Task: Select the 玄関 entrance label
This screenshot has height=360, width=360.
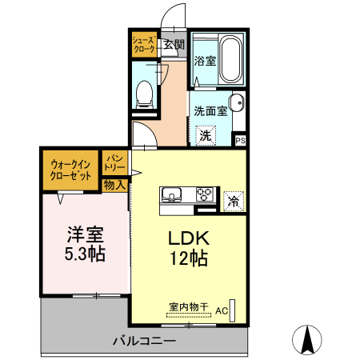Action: [x=174, y=45]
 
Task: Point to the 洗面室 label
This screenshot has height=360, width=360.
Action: [x=212, y=111]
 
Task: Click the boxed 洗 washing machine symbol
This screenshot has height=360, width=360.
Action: [x=206, y=135]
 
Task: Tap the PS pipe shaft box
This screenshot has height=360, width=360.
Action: [x=240, y=139]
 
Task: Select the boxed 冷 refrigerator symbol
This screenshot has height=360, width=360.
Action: [x=234, y=202]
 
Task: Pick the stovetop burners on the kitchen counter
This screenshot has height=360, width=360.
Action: [x=204, y=194]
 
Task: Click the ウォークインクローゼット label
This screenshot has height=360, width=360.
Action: [x=71, y=170]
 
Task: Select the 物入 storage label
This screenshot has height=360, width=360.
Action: [x=114, y=185]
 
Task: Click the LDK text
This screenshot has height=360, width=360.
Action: [x=189, y=239]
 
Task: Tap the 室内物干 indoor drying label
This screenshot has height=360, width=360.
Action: [x=188, y=306]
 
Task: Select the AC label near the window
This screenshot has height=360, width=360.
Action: [x=221, y=310]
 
